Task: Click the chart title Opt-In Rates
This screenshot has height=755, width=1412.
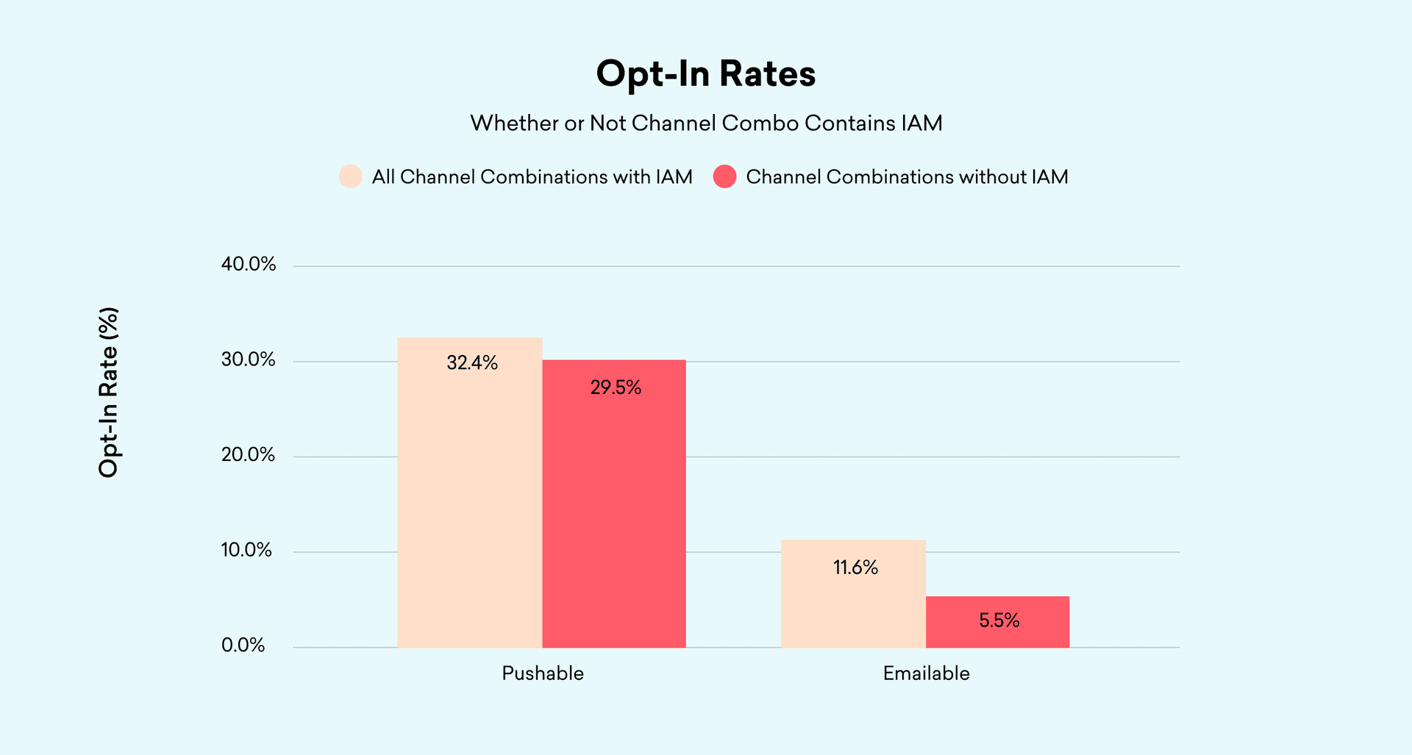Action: [705, 74]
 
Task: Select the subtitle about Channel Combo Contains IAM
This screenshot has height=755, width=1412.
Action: [706, 123]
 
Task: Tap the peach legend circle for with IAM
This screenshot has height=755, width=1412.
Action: [351, 176]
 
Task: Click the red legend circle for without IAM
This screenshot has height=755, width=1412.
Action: [724, 176]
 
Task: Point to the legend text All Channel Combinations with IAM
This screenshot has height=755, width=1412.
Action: [532, 177]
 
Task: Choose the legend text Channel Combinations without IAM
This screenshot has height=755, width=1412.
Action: [907, 177]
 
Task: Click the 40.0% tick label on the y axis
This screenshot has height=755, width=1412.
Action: [249, 264]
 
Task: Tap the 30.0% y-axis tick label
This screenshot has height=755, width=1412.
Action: [249, 359]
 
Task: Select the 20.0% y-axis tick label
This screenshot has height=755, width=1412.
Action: [249, 455]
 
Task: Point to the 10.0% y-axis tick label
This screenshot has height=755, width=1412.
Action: [247, 550]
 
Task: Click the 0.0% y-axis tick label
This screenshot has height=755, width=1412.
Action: [243, 645]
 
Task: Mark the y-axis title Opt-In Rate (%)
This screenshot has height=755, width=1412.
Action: [109, 393]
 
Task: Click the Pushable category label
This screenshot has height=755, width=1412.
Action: [543, 673]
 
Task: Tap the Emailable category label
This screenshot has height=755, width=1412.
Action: [926, 673]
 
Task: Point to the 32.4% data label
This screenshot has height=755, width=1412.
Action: [472, 363]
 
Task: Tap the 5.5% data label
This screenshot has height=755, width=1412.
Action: [999, 620]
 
